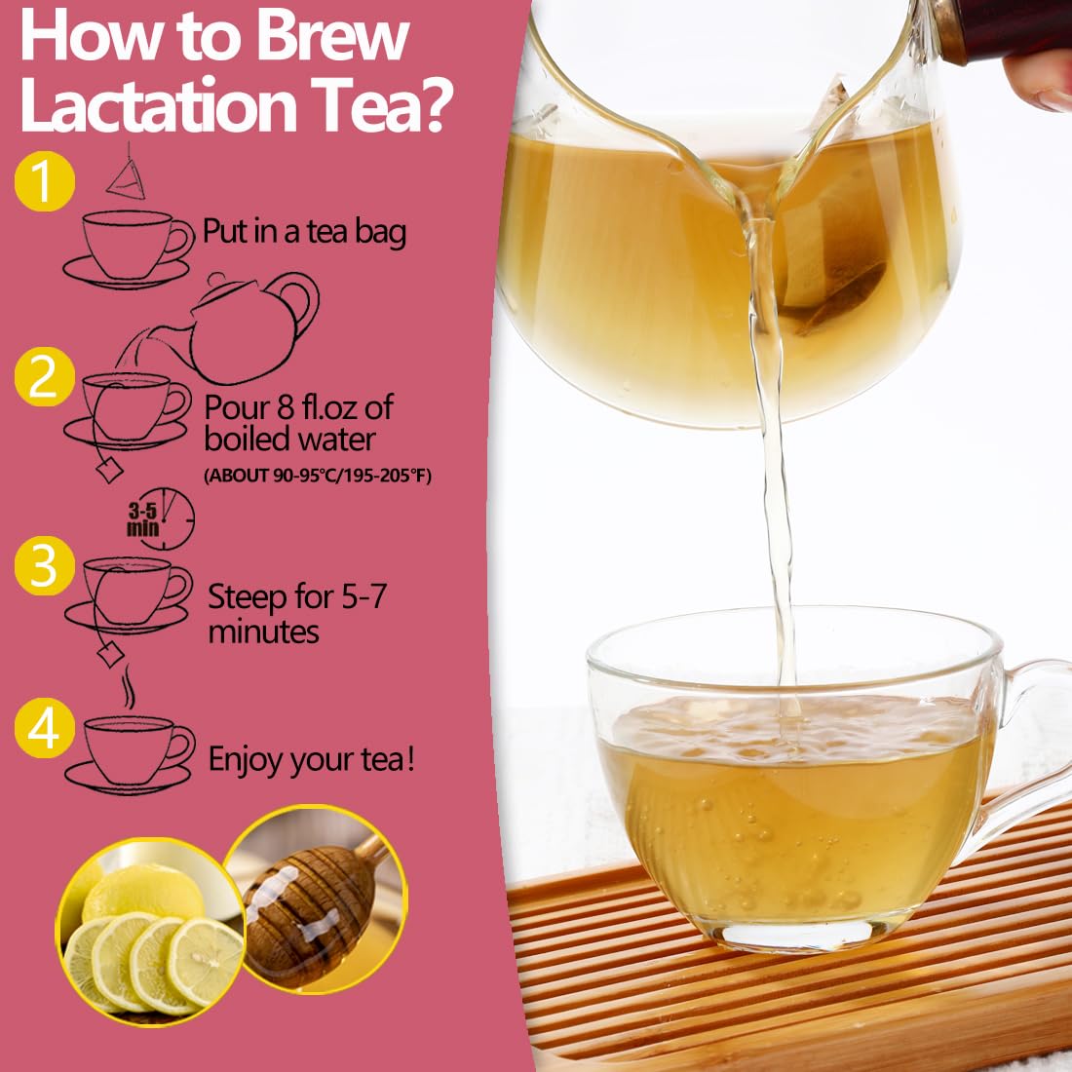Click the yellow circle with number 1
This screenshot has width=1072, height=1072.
click(x=45, y=181)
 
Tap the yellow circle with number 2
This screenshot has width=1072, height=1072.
click(x=45, y=377)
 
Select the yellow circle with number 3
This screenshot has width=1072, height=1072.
click(x=45, y=565)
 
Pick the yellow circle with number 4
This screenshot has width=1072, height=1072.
click(x=45, y=728)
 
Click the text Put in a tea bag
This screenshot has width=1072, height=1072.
click(x=304, y=232)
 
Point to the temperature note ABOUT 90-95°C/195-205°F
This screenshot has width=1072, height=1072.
click(x=318, y=476)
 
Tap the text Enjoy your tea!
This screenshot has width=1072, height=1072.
click(x=312, y=760)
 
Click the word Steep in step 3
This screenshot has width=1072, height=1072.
click(x=247, y=597)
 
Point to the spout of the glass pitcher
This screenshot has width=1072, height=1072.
click(x=754, y=205)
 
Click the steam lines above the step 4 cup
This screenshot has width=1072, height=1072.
click(x=128, y=686)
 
